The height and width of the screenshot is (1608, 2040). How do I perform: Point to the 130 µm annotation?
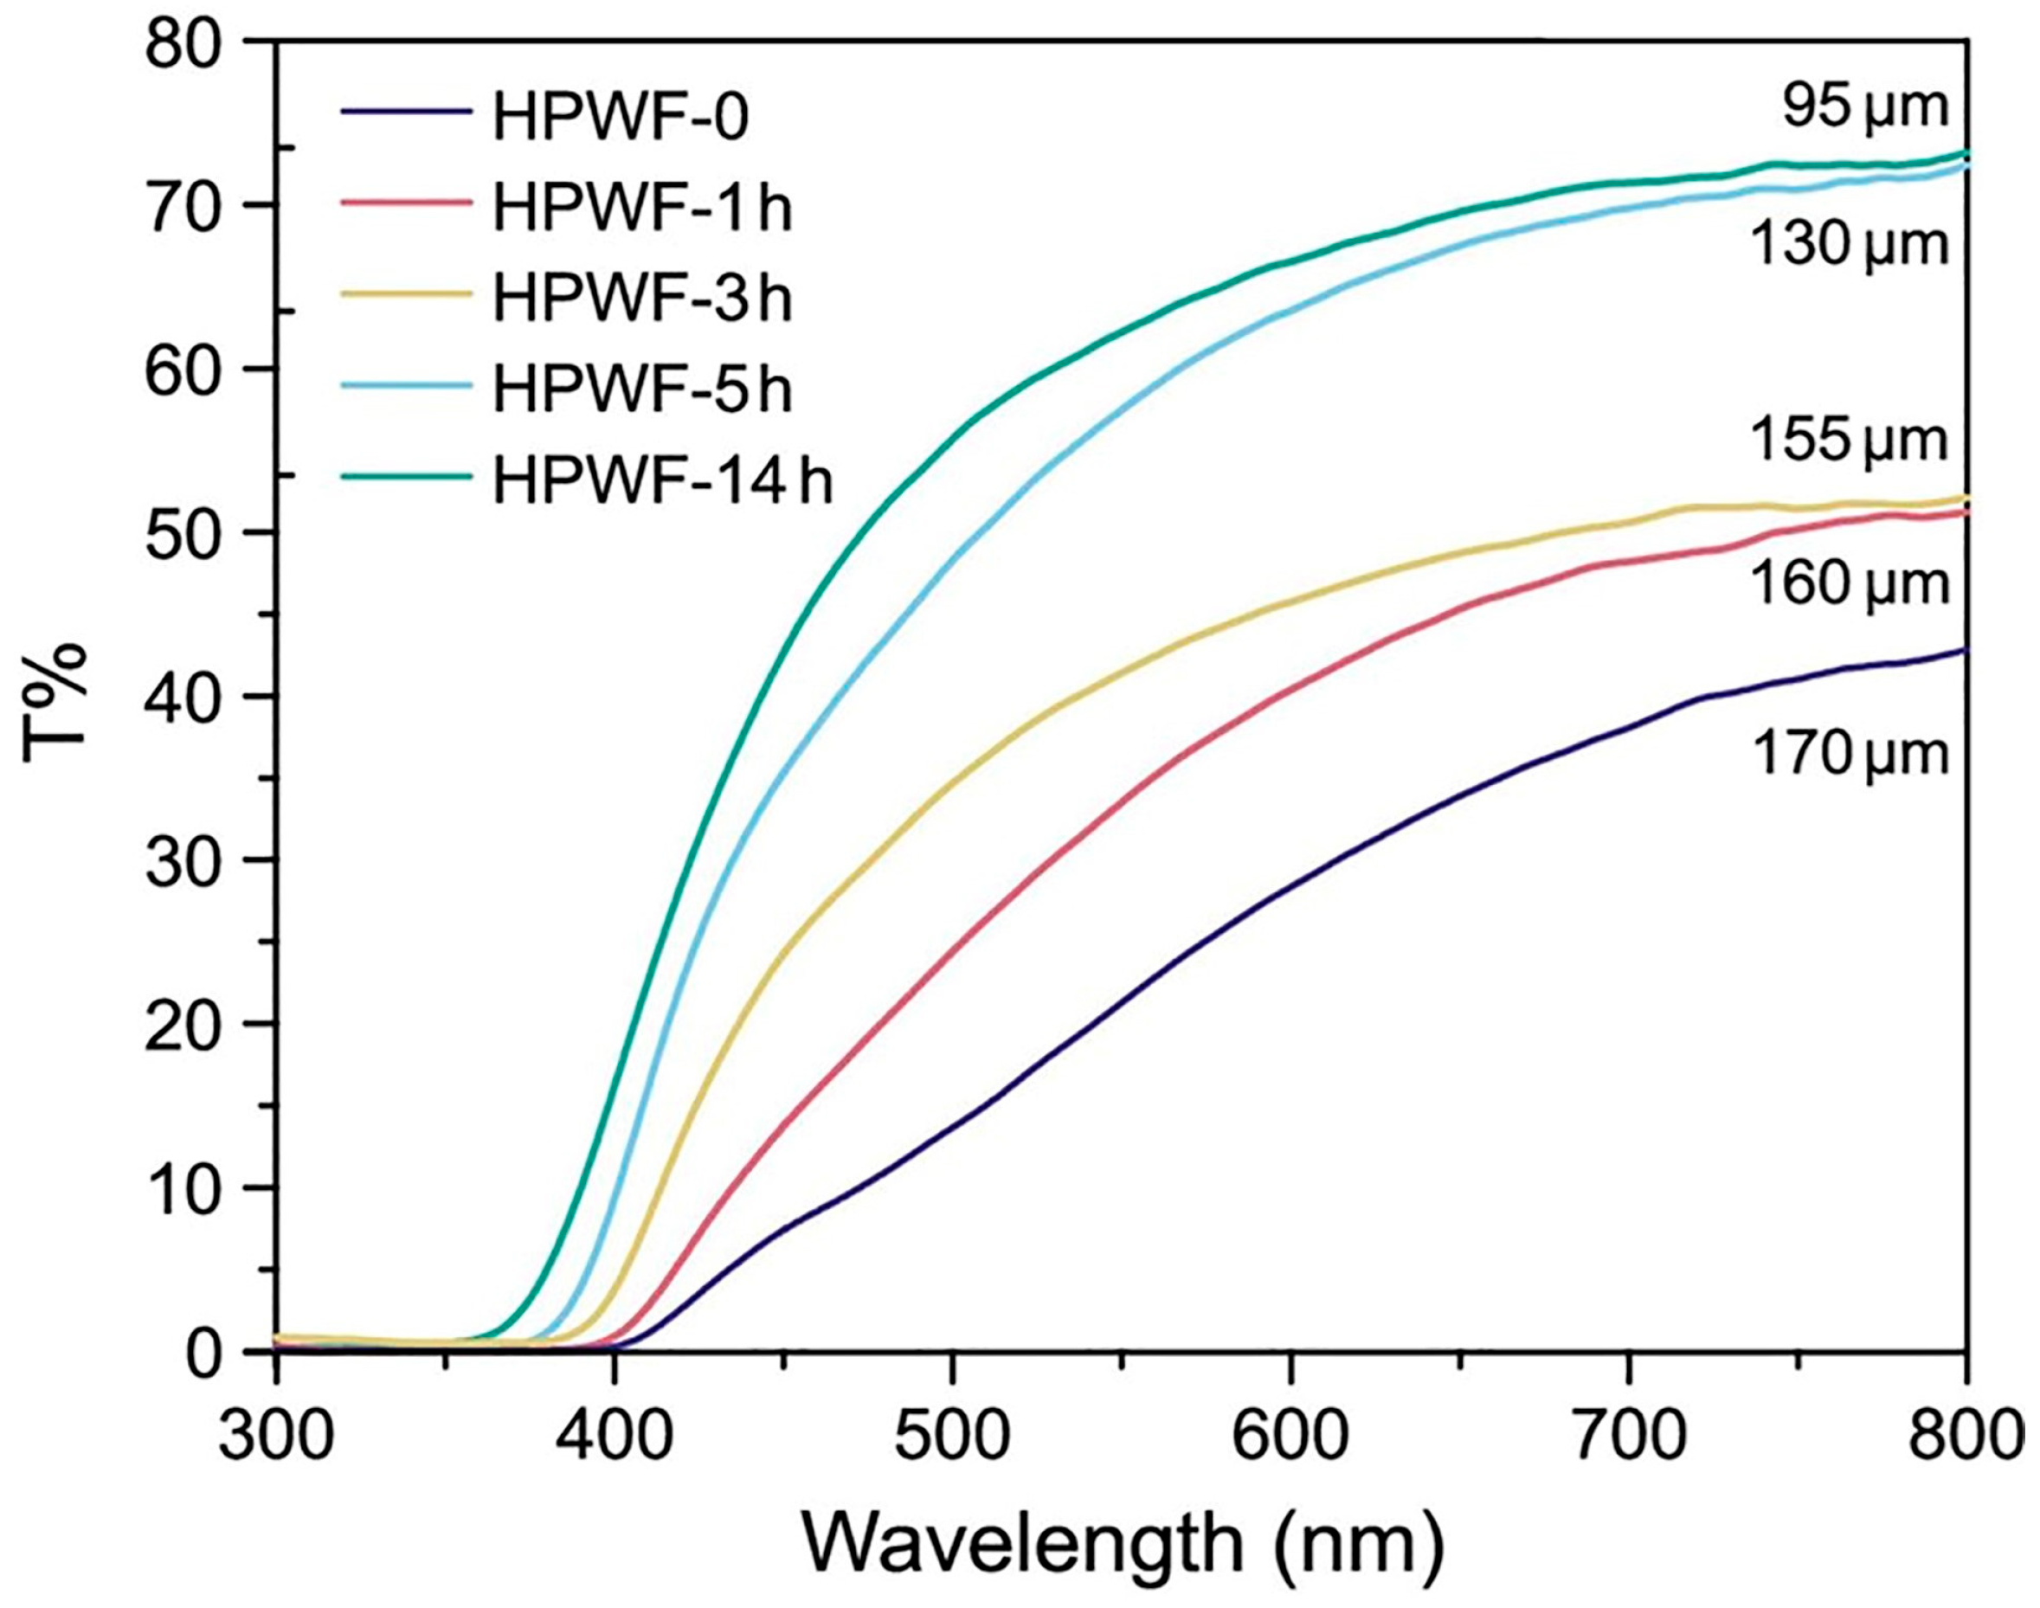(x=1848, y=245)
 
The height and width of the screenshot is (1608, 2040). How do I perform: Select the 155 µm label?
(x=1848, y=440)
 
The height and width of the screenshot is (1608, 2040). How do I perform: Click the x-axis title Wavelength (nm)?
(x=1123, y=1545)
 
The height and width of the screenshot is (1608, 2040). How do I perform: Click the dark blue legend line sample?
(x=406, y=112)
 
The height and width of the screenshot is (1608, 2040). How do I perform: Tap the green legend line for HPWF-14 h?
(x=406, y=475)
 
